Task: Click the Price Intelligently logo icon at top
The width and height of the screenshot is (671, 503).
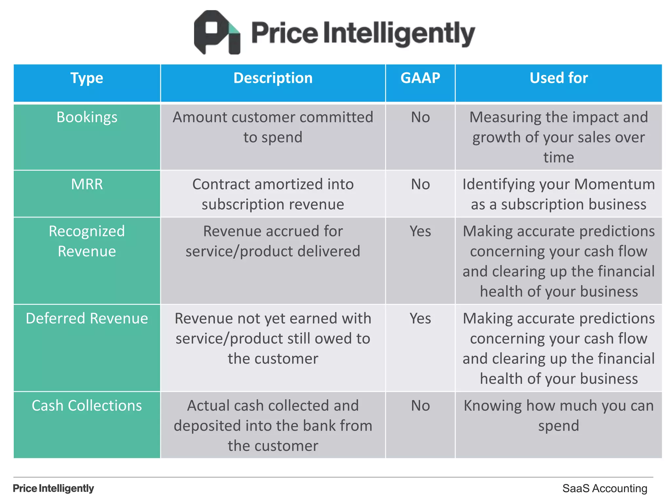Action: (217, 32)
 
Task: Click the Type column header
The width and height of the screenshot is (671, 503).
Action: (87, 78)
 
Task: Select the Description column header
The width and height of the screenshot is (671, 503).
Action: (273, 78)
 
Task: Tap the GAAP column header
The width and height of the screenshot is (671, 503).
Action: (420, 78)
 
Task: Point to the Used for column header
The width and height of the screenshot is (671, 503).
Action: (559, 78)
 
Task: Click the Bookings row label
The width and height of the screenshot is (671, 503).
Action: (87, 117)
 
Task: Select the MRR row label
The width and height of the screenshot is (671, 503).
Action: (87, 184)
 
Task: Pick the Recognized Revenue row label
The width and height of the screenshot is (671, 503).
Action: (87, 241)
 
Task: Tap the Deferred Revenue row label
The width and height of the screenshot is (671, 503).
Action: (87, 318)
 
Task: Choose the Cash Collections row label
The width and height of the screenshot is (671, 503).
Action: (87, 405)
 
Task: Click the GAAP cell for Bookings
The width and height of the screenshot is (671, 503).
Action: (420, 117)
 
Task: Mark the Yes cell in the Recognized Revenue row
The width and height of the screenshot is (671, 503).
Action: (420, 231)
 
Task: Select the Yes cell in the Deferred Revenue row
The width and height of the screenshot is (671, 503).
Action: (420, 318)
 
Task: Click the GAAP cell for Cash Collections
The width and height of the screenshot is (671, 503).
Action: (420, 405)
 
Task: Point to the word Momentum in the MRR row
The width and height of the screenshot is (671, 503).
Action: (614, 184)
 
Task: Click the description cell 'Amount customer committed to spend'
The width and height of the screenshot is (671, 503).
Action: (273, 127)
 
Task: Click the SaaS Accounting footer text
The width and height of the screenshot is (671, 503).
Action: (604, 488)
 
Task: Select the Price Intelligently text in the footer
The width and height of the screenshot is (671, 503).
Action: (53, 488)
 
